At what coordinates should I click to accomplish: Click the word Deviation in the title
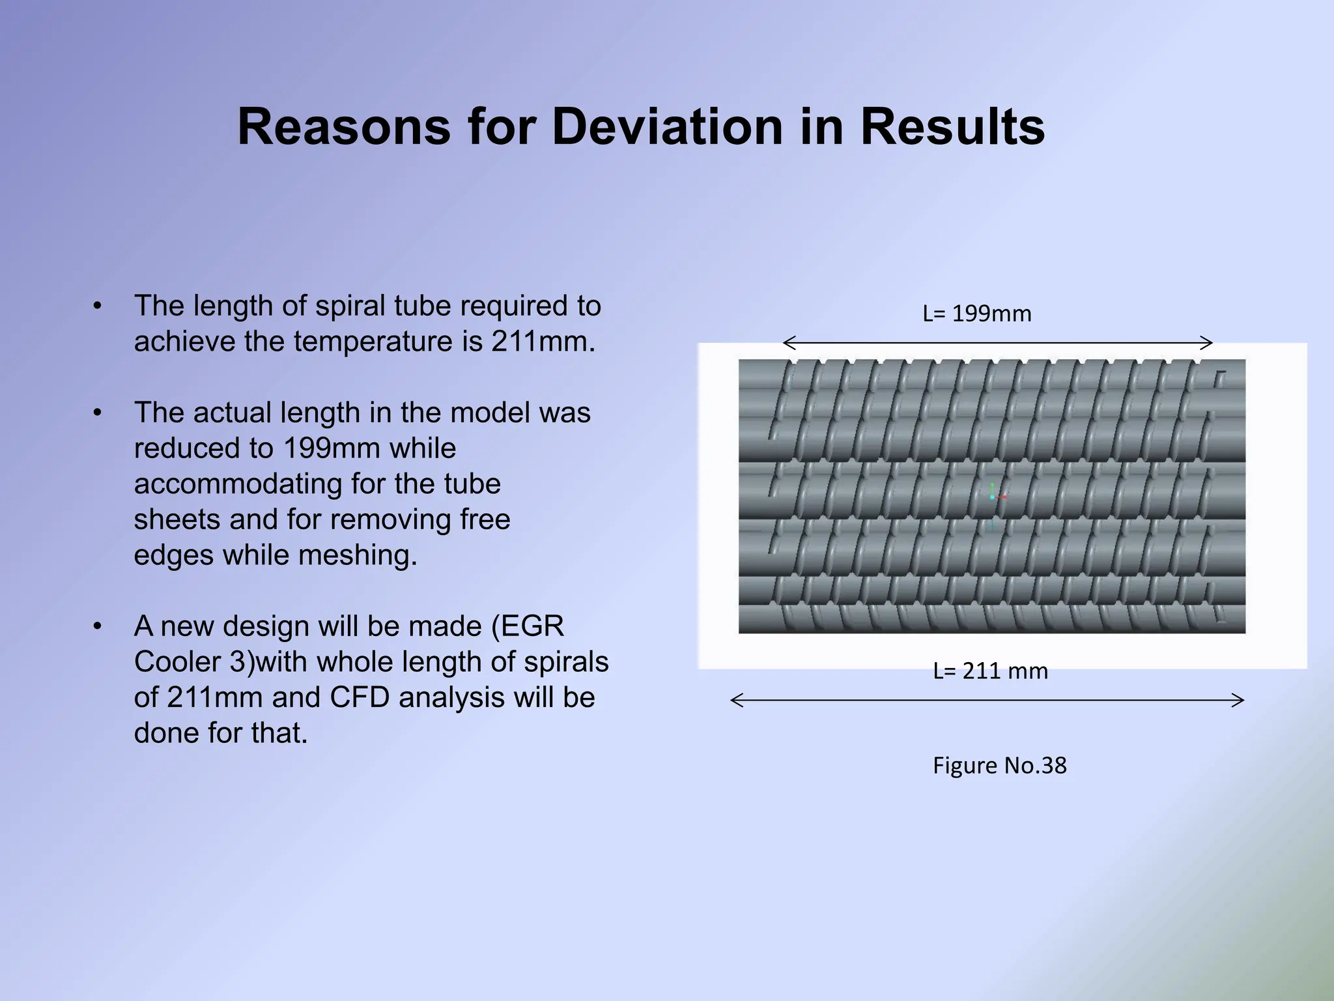point(667,126)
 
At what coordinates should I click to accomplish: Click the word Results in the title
point(952,126)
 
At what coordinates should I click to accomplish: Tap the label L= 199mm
point(977,314)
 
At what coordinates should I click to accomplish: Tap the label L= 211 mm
point(990,671)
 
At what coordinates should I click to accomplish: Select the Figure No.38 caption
point(999,765)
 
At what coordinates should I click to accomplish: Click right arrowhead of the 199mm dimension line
point(1209,343)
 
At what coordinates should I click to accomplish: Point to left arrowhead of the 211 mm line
point(734,701)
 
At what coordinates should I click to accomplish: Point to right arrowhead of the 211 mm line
point(1241,701)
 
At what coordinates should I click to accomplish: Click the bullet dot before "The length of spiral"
point(97,306)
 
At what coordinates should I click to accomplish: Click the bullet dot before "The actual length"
point(97,413)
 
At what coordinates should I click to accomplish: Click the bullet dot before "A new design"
point(97,627)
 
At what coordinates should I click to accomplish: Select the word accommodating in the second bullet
point(237,484)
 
